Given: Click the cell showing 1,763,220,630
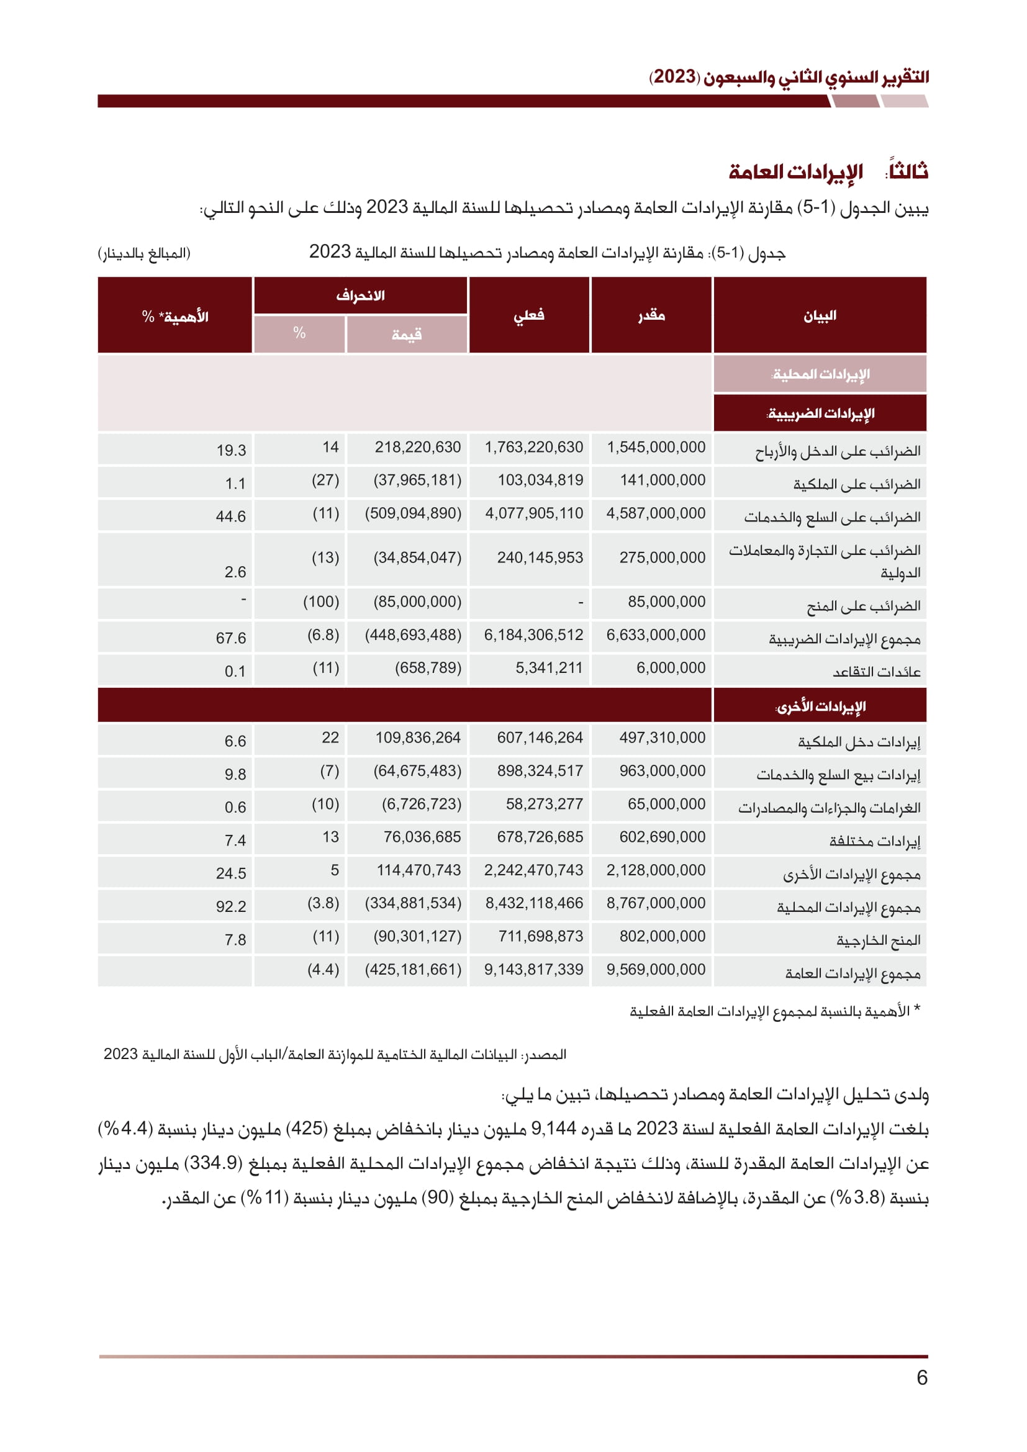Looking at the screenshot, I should pyautogui.click(x=533, y=447).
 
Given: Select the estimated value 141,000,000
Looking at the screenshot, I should pyautogui.click(x=662, y=480).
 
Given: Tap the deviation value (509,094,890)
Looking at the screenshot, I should pyautogui.click(x=413, y=513).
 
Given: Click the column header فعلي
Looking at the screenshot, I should pyautogui.click(x=528, y=315).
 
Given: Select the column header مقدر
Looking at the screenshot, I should pyautogui.click(x=651, y=315).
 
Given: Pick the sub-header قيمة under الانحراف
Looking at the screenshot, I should pyautogui.click(x=406, y=335).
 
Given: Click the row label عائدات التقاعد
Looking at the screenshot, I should pyautogui.click(x=876, y=672).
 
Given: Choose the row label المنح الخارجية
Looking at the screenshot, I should pyautogui.click(x=878, y=940).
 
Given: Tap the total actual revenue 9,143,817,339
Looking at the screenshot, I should pyautogui.click(x=533, y=970).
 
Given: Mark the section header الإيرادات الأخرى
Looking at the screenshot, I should pyautogui.click(x=820, y=706).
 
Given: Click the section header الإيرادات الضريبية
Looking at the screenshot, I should pyautogui.click(x=820, y=413).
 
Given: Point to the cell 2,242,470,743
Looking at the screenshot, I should pyautogui.click(x=533, y=870).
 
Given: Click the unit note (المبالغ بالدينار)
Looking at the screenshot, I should pyautogui.click(x=144, y=254).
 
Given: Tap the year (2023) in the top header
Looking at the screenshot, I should pyautogui.click(x=674, y=77).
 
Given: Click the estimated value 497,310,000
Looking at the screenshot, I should pyautogui.click(x=662, y=737).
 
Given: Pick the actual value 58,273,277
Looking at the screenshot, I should pyautogui.click(x=544, y=804).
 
